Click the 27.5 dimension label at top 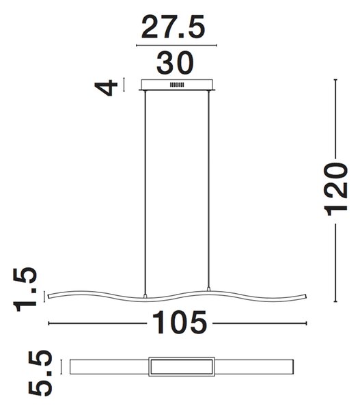pyautogui.click(x=173, y=27)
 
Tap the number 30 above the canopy pyautogui.click(x=175, y=63)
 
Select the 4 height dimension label pyautogui.click(x=106, y=88)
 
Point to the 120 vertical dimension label pyautogui.click(x=335, y=189)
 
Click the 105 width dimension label pyautogui.click(x=180, y=323)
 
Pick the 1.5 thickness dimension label pyautogui.click(x=25, y=289)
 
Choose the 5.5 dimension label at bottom pyautogui.click(x=40, y=373)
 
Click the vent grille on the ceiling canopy pyautogui.click(x=177, y=85)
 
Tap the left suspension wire pyautogui.click(x=145, y=192)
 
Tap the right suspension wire pyautogui.click(x=208, y=189)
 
